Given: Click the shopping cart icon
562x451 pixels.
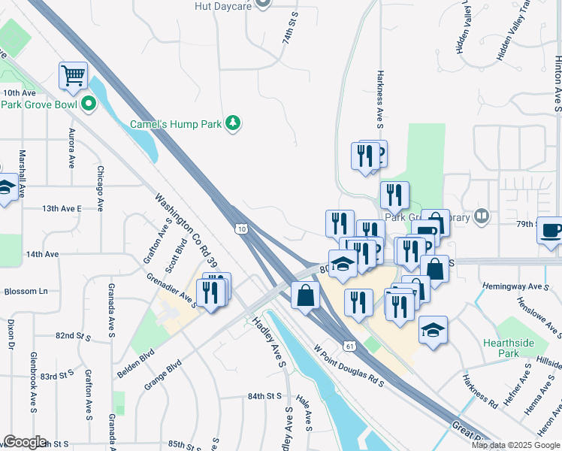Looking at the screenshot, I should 73,75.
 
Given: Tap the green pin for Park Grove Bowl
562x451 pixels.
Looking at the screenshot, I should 89,104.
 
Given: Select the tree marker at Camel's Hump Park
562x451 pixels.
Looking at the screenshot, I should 234,123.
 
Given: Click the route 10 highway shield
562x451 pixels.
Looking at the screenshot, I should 240,229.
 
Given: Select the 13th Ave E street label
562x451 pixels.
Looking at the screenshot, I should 61,208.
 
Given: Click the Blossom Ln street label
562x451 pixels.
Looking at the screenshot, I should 26,291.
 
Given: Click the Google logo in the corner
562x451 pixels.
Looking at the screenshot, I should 24,442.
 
